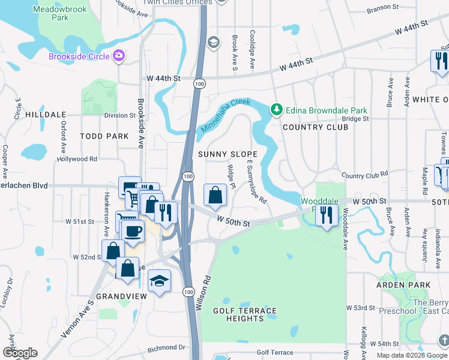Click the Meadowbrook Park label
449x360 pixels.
pyautogui.click(x=59, y=14)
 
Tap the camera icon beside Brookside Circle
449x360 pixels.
pyautogui.click(x=119, y=56)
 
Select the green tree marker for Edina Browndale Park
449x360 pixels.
pyautogui.click(x=276, y=110)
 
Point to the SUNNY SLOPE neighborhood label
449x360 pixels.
pyautogui.click(x=228, y=154)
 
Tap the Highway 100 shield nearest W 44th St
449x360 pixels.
pyautogui.click(x=197, y=85)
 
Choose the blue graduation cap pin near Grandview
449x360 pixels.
pyautogui.click(x=158, y=281)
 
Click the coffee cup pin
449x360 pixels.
pyautogui.click(x=134, y=230)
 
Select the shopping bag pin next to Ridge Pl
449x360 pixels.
pyautogui.click(x=215, y=195)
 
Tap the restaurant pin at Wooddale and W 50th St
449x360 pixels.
pyautogui.click(x=326, y=215)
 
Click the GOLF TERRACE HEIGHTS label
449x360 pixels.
pyautogui.click(x=246, y=314)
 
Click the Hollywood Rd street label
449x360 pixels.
pyautogui.click(x=77, y=159)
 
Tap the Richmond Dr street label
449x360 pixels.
pyautogui.click(x=166, y=347)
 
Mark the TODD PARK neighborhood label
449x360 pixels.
pyautogui.click(x=104, y=136)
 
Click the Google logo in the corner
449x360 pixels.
pyautogui.click(x=20, y=353)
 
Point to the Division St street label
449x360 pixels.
pyautogui.click(x=119, y=115)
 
